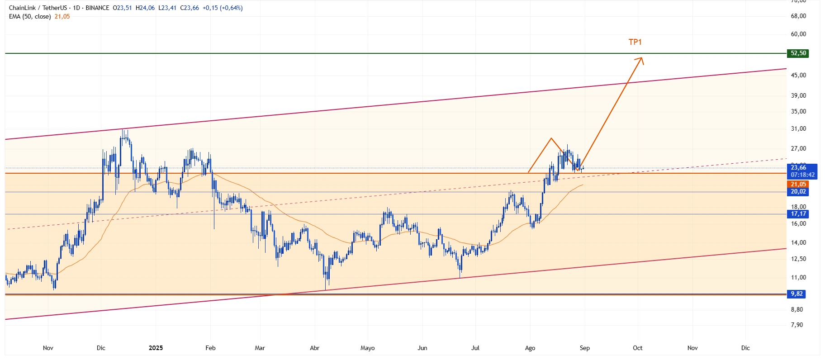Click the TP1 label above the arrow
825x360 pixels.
(635, 42)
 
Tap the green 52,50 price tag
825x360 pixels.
(798, 53)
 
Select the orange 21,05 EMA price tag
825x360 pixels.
(798, 184)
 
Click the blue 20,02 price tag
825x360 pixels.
(798, 192)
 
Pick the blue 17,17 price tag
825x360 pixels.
(798, 214)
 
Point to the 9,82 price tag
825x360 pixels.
(797, 294)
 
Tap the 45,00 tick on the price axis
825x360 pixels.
(798, 76)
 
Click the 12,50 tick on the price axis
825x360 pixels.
(798, 259)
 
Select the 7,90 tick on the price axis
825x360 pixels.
(797, 325)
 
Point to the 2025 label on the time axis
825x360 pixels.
(156, 348)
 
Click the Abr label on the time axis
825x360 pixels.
(314, 348)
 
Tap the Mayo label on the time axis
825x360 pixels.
(367, 348)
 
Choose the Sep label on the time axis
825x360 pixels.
(584, 348)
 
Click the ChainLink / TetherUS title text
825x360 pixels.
(38, 8)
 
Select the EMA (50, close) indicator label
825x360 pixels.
(30, 17)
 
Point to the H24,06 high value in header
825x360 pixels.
(145, 8)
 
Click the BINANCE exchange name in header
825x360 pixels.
(97, 8)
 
